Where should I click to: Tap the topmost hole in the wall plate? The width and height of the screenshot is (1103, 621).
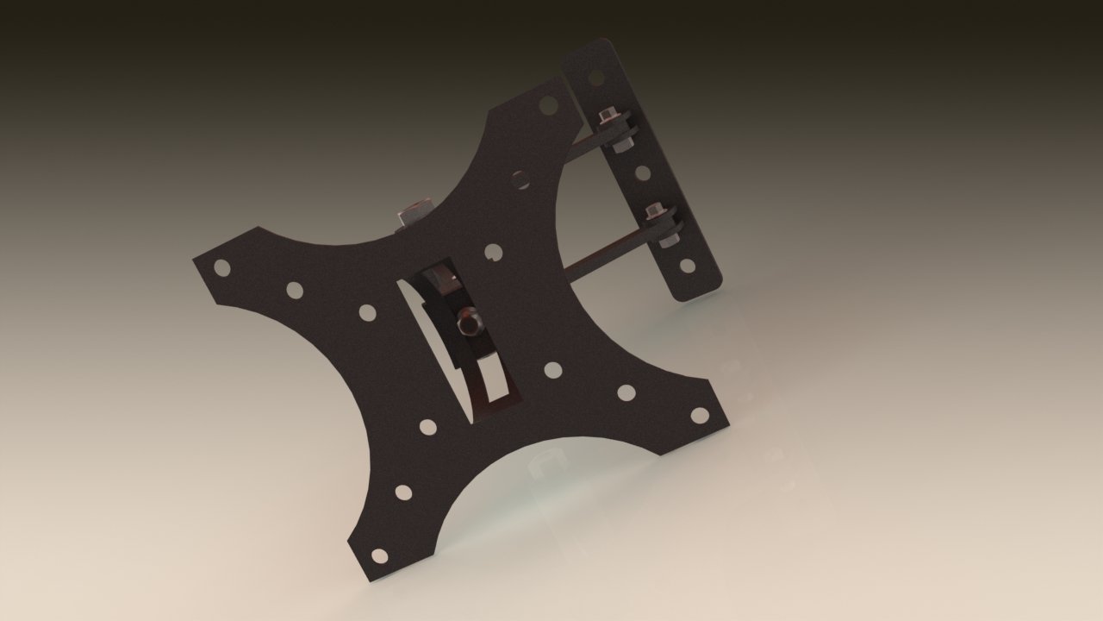pos(595,78)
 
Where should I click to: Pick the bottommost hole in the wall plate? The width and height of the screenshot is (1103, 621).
pos(687,266)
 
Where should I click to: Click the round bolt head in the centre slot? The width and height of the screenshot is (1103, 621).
pos(468,323)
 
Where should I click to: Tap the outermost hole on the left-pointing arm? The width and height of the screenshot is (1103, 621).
pos(222,267)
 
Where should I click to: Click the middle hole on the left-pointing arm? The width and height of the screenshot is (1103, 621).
pos(295,290)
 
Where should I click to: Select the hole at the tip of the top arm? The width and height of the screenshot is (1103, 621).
pos(547,105)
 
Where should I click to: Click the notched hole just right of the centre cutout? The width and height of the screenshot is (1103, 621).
pos(494,252)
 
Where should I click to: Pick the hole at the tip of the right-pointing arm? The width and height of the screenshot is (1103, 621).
pos(699,415)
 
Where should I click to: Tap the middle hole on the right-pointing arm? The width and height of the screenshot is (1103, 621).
pos(626,392)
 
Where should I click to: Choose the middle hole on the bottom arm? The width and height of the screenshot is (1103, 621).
pos(403,492)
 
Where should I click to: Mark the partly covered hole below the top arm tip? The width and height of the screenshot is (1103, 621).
pos(520,180)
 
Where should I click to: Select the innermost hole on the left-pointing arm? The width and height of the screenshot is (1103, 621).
pos(367,312)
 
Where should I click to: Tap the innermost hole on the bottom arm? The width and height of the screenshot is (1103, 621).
pos(427,426)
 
